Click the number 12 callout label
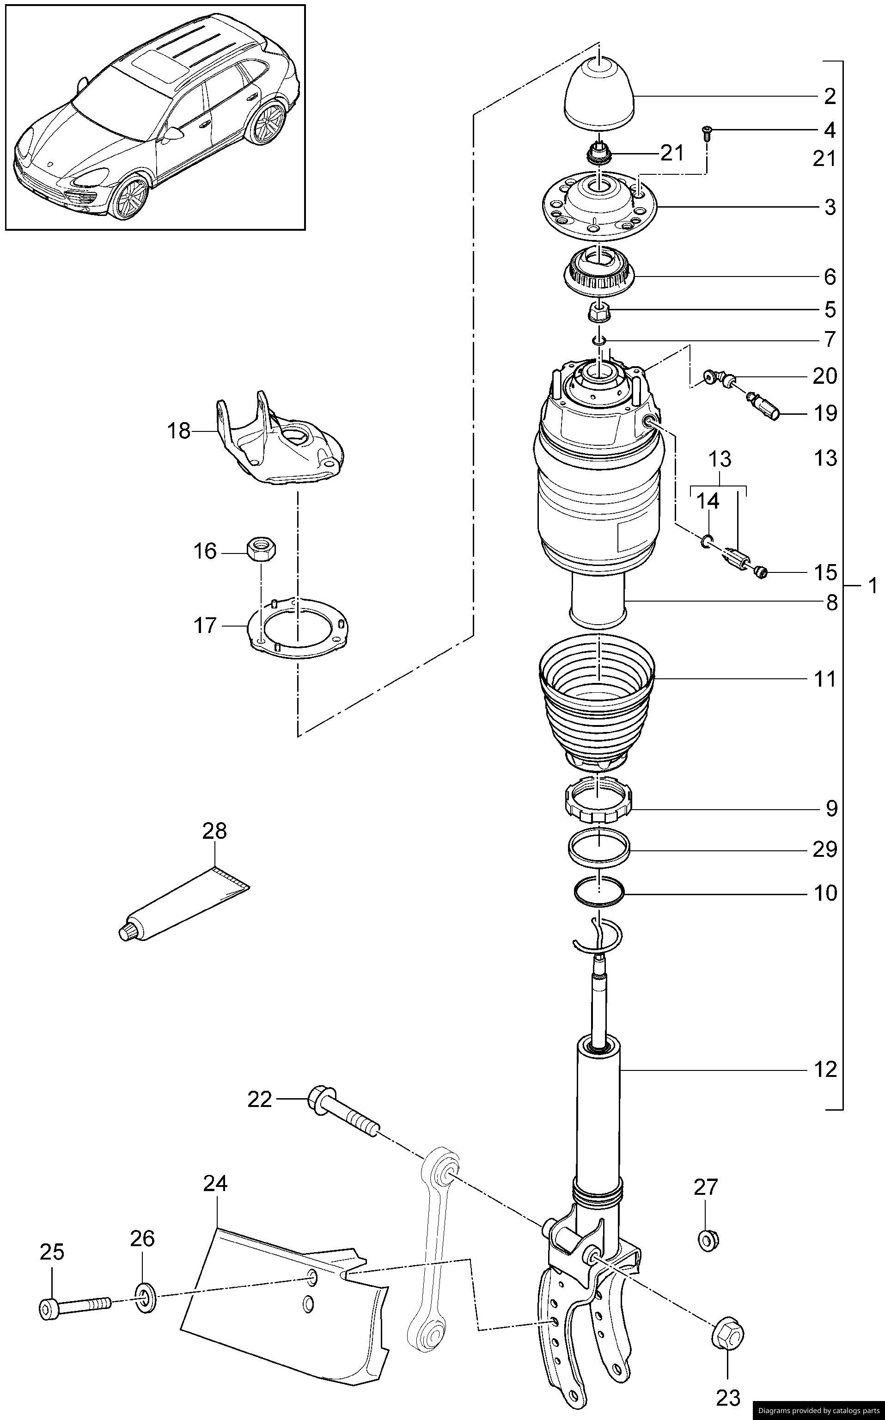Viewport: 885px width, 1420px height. [825, 1070]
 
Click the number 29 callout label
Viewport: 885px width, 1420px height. [825, 849]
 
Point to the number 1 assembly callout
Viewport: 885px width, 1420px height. [872, 585]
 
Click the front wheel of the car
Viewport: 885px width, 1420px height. [130, 197]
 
